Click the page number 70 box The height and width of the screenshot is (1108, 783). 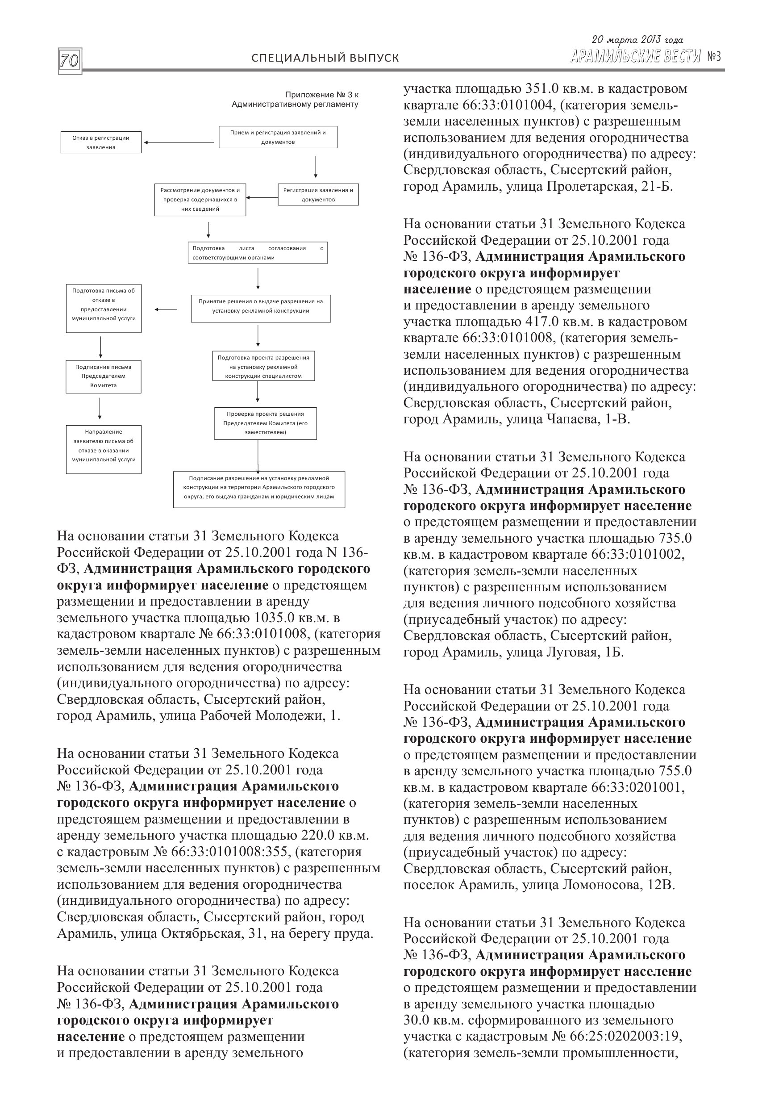(x=70, y=61)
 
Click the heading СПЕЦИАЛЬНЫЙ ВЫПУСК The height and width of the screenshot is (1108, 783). (x=325, y=59)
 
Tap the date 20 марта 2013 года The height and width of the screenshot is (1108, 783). (x=637, y=40)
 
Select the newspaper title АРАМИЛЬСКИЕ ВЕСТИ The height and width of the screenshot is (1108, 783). (x=635, y=57)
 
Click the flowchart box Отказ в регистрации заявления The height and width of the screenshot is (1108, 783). (x=101, y=142)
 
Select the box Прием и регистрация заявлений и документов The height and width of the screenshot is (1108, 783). (x=278, y=137)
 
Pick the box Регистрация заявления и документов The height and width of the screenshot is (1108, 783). (x=318, y=194)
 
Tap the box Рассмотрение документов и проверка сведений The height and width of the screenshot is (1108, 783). (x=200, y=199)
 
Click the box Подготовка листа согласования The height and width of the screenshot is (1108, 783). (x=258, y=252)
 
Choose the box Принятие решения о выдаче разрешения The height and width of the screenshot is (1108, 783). (x=261, y=308)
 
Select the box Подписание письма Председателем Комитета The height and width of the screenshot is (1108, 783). (x=103, y=376)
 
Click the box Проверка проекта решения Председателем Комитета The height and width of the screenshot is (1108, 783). (x=265, y=423)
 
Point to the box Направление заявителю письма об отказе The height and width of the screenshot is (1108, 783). (x=103, y=449)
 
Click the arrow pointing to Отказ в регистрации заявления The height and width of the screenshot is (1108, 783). (x=179, y=142)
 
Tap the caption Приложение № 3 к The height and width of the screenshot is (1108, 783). (x=321, y=95)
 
